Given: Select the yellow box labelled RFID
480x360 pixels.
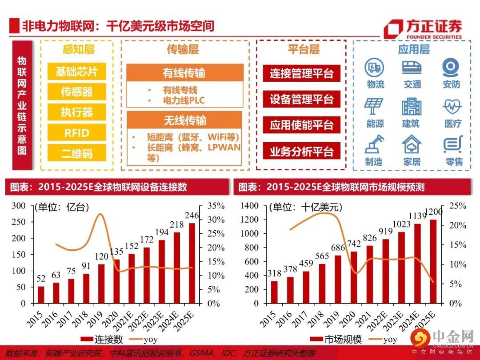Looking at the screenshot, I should point(77,133).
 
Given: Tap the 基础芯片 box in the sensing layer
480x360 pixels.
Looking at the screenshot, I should point(77,72).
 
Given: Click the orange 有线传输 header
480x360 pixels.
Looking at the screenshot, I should point(185,73).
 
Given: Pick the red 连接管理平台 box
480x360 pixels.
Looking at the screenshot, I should point(301,73).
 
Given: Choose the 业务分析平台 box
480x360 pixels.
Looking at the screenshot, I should point(301,152).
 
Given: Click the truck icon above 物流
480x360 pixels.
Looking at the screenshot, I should point(375,67).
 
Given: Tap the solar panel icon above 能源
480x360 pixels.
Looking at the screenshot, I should point(375,106).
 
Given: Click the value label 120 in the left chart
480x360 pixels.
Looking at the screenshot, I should point(101,257).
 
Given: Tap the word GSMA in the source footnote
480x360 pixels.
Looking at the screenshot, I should point(203,354).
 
